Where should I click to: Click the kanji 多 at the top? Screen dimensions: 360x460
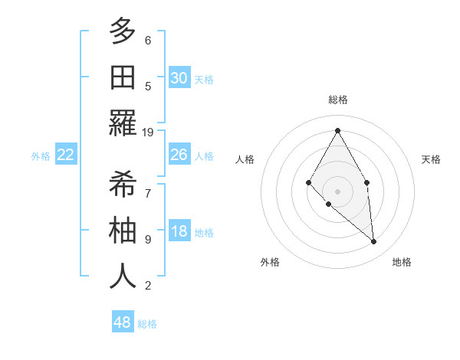click(123, 31)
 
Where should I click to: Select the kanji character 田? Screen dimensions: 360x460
click(123, 77)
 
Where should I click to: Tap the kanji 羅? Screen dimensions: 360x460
click(123, 123)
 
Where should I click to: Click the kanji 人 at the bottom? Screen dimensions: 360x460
click(123, 277)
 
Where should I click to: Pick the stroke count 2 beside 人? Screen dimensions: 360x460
click(148, 286)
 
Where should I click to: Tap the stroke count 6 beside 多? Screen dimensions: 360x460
click(148, 40)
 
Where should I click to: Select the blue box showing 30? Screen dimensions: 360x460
click(179, 78)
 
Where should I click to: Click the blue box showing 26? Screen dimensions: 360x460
click(179, 155)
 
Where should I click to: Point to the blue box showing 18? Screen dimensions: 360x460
click(179, 232)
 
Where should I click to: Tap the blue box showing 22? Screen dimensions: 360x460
click(66, 155)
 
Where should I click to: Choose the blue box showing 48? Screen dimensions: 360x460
click(123, 322)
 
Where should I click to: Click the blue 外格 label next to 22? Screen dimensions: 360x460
click(41, 156)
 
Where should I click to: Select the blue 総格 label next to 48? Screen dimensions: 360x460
click(147, 324)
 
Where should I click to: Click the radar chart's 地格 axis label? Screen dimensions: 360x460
click(402, 262)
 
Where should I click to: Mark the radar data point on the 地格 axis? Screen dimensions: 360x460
click(373, 241)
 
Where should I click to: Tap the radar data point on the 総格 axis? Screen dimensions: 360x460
click(337, 129)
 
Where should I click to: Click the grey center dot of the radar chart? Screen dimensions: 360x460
click(337, 191)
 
